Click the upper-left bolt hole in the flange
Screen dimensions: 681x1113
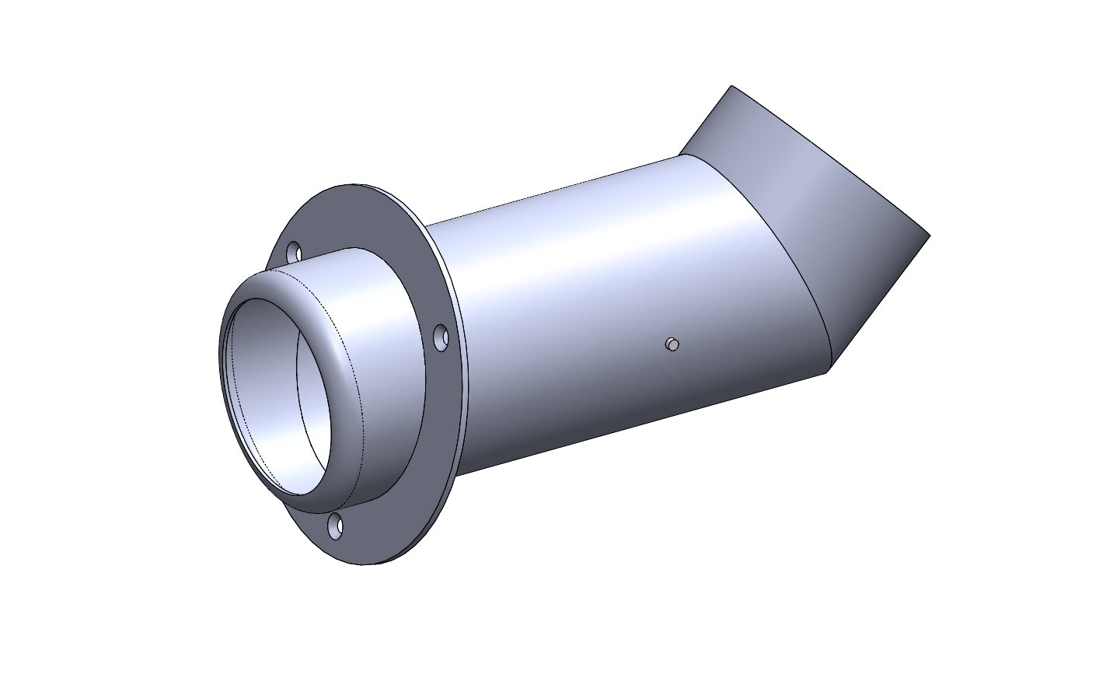[294, 253]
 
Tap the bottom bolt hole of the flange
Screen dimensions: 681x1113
[336, 526]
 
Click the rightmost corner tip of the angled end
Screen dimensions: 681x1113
[928, 233]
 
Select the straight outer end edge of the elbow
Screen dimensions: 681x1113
[824, 155]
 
